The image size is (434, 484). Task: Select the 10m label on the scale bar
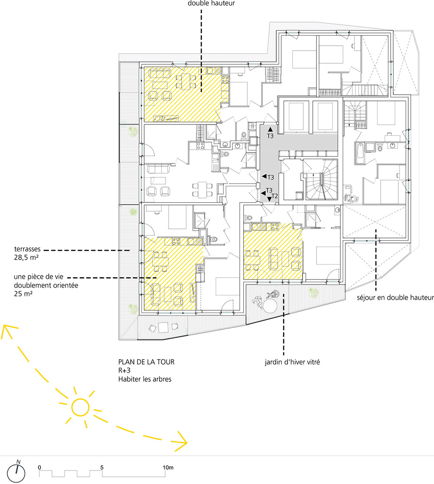point(168,467)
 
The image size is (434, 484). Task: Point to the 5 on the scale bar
point(102,467)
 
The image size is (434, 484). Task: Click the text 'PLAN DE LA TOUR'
point(146,362)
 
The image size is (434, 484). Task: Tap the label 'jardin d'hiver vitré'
point(292,362)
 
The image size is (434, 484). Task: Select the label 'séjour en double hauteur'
point(395,298)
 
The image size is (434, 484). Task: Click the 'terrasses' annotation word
point(27,249)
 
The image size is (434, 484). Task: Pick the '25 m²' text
point(23,294)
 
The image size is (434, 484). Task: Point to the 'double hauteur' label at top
point(211,4)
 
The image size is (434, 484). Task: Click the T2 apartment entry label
point(274,196)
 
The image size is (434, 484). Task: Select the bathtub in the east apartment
point(360,153)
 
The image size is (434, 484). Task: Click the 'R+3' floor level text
point(124,370)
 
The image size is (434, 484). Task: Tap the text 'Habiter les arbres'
point(145,379)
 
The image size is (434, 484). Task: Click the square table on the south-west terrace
point(163,327)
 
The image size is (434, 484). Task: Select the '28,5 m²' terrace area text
point(26,257)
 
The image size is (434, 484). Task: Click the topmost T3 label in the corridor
point(270,136)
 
